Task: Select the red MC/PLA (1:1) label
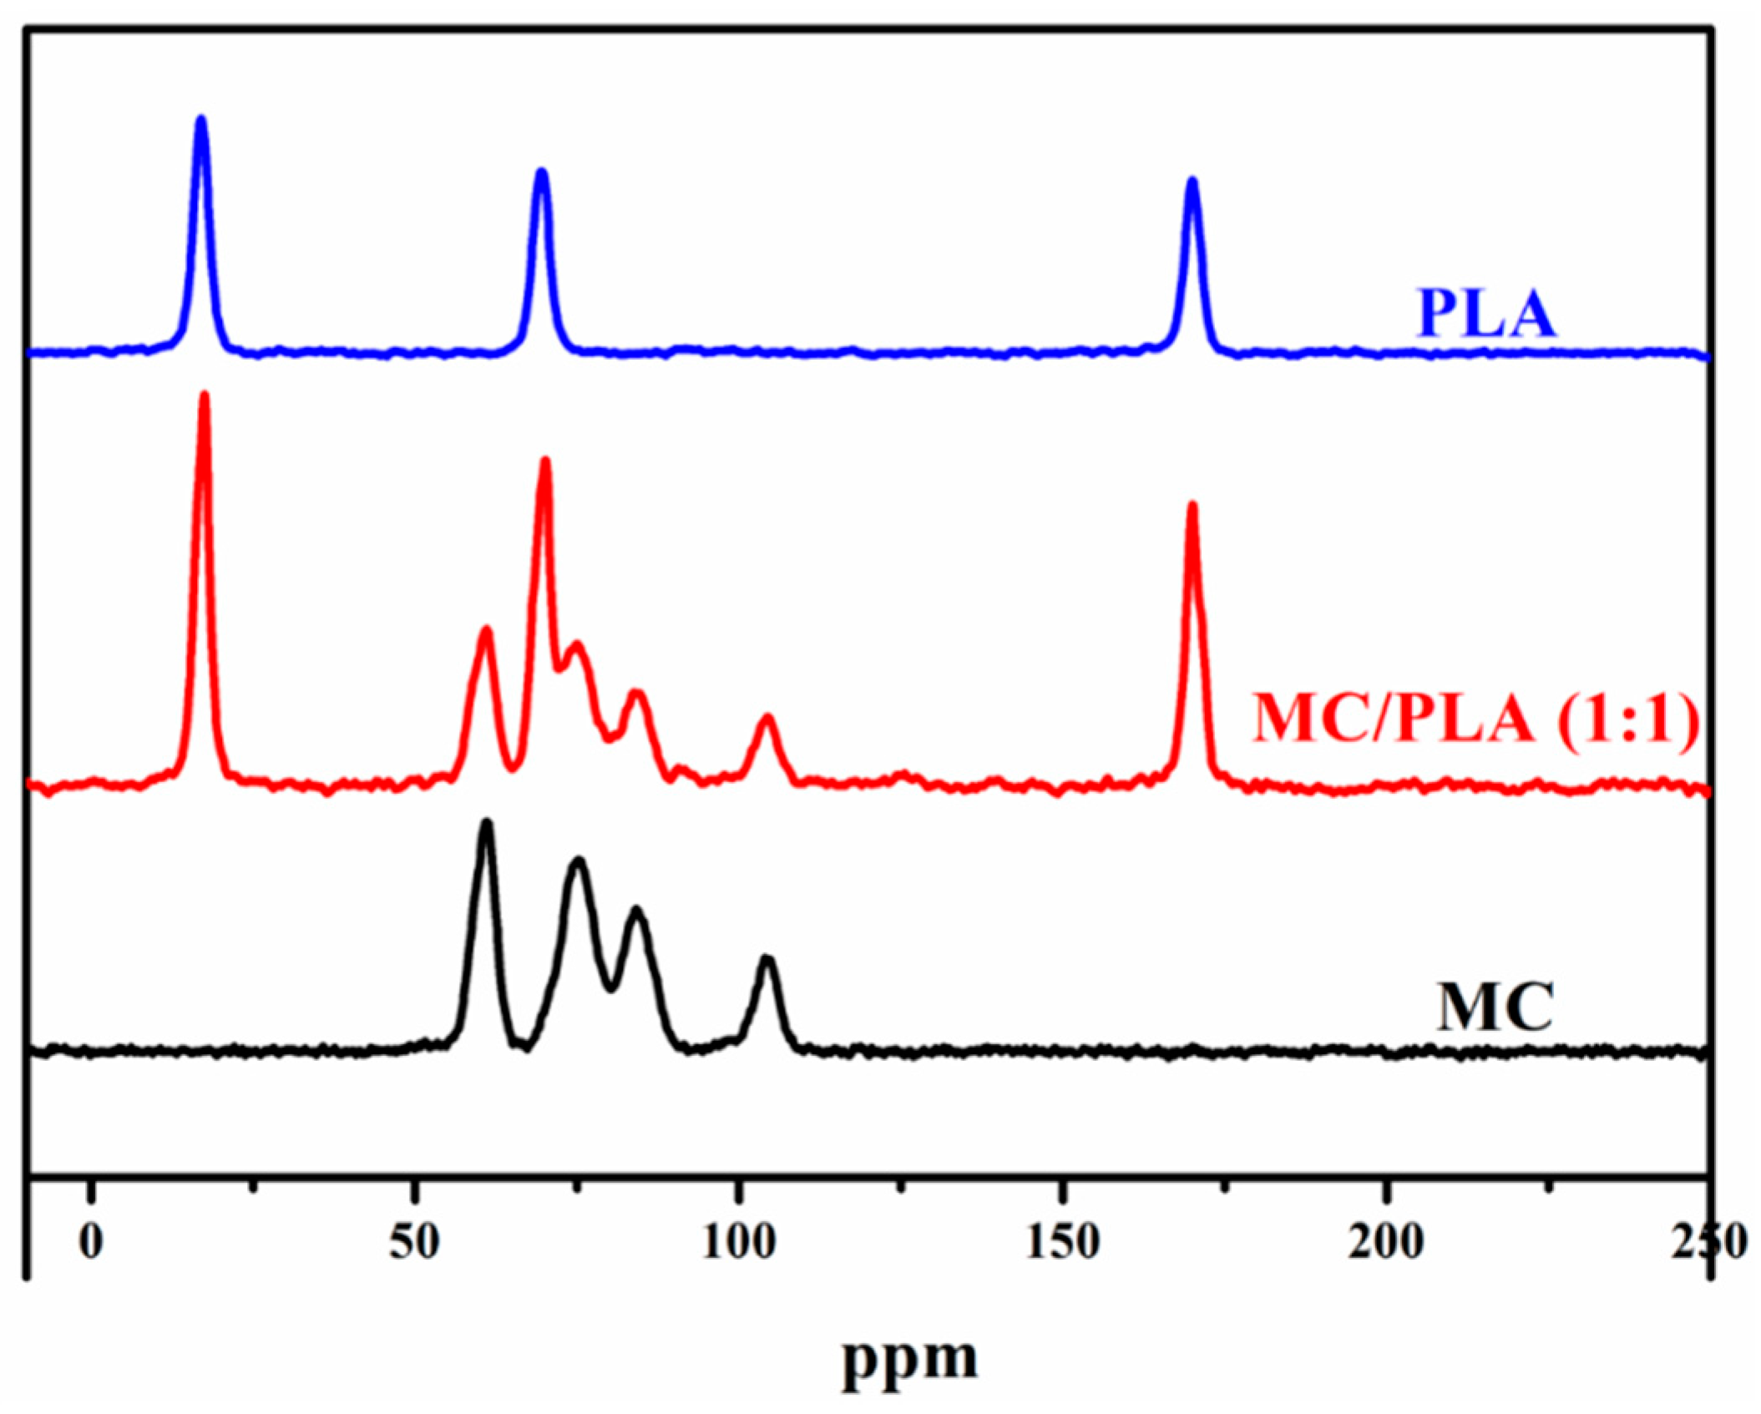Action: pyautogui.click(x=1475, y=720)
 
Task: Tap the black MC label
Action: pyautogui.click(x=1494, y=1007)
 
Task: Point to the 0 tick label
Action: pyautogui.click(x=91, y=1242)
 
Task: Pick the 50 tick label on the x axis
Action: pyautogui.click(x=415, y=1242)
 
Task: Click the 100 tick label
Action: pyautogui.click(x=738, y=1242)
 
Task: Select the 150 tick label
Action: pyautogui.click(x=1062, y=1242)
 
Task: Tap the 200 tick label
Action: pyautogui.click(x=1387, y=1242)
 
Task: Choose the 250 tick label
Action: pyautogui.click(x=1712, y=1242)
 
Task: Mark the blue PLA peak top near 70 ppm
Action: pyautogui.click(x=542, y=172)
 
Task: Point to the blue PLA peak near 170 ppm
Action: pyautogui.click(x=1192, y=181)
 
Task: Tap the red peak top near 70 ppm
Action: pyautogui.click(x=545, y=461)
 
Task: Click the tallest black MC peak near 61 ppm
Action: pyautogui.click(x=487, y=823)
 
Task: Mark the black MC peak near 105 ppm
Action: pyautogui.click(x=767, y=959)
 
